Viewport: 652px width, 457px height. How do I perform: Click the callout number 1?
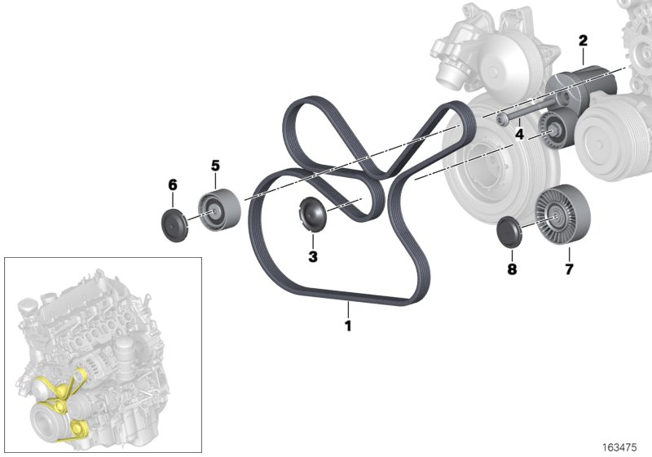[348, 326]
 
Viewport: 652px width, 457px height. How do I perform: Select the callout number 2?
[583, 39]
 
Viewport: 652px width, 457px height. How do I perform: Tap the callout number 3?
[313, 256]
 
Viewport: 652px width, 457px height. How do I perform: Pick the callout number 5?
[216, 166]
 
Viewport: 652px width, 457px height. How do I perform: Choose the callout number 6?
[173, 185]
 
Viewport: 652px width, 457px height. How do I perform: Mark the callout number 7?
[568, 267]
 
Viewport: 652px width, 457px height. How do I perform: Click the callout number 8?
[511, 267]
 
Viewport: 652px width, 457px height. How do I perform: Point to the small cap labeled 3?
[312, 213]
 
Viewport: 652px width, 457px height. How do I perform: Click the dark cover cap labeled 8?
[511, 231]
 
